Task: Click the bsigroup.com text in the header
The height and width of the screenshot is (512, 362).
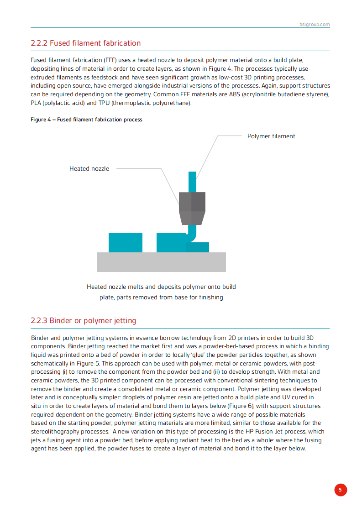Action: point(315,24)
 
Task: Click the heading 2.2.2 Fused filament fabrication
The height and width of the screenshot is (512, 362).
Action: point(86,43)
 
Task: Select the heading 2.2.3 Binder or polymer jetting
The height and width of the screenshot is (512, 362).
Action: point(84,321)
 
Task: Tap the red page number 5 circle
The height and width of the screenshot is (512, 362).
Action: point(340,490)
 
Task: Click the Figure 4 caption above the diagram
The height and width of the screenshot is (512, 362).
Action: point(86,120)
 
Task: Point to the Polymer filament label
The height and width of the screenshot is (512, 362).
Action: point(271,136)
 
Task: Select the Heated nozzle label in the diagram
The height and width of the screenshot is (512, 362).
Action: point(89,169)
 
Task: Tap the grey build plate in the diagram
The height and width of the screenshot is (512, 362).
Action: point(161,262)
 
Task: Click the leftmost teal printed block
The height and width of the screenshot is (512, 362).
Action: point(125,242)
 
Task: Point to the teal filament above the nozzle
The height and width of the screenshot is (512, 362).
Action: point(192,181)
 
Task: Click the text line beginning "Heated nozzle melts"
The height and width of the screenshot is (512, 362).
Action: point(161,287)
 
